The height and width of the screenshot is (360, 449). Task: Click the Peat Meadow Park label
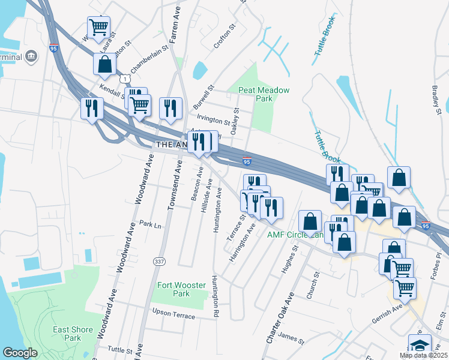[264, 94]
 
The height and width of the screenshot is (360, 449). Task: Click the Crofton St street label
[226, 37]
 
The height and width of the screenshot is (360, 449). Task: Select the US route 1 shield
[124, 79]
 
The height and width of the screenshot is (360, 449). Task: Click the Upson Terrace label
[174, 313]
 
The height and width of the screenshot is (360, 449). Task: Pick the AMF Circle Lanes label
[295, 235]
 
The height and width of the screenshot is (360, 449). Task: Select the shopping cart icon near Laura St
[98, 26]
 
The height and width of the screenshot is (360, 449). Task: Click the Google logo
[20, 353]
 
